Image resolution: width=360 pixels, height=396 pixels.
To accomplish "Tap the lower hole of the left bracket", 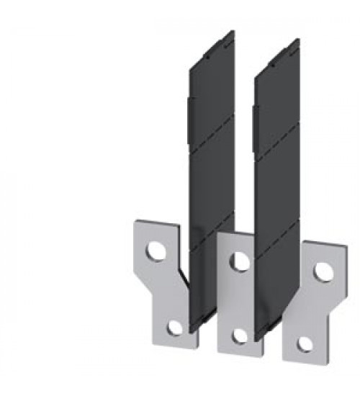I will point(174,328).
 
